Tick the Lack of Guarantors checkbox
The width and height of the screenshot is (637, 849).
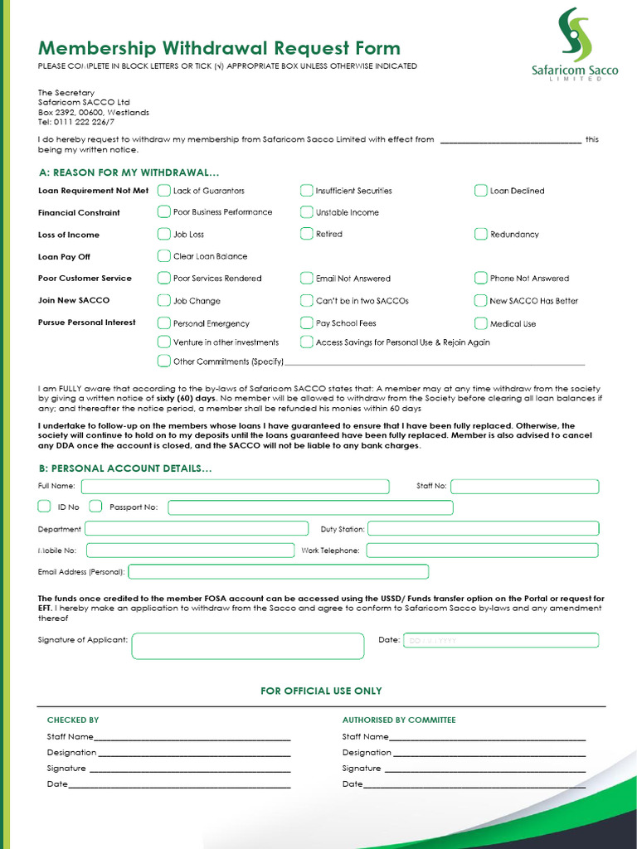164,191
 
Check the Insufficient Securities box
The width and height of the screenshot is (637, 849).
307,191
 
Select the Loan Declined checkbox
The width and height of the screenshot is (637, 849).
481,191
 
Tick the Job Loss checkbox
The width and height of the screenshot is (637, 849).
164,235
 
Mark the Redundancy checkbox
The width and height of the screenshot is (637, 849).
481,235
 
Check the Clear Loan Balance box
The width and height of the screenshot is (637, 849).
164,256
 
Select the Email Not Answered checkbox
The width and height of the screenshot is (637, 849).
307,279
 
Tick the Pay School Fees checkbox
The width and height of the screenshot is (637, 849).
307,323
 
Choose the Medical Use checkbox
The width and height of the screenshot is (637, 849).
481,323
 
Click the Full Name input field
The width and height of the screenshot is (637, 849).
235,487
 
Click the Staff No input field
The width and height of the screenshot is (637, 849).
524,487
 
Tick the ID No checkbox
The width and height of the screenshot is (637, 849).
45,507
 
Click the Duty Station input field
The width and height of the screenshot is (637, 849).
483,528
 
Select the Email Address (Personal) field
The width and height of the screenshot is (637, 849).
279,571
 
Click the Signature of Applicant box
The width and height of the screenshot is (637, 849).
247,646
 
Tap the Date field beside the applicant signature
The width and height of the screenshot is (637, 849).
500,640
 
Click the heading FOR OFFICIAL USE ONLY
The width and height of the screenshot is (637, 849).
321,691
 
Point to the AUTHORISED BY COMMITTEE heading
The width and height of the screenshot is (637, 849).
399,720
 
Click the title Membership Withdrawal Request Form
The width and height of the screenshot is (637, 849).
219,48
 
